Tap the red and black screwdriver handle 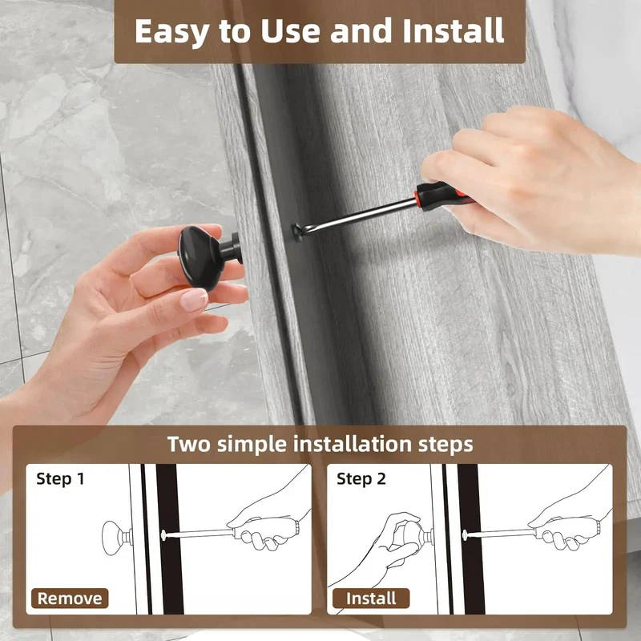(444, 196)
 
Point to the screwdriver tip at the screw (297, 232)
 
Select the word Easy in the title (172, 32)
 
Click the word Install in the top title (453, 30)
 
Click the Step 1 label (61, 478)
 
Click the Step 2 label (361, 478)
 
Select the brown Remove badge (70, 599)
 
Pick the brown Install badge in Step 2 (371, 599)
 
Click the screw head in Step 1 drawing (163, 534)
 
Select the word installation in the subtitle (353, 445)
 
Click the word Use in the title (290, 31)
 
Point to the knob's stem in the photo (232, 247)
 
